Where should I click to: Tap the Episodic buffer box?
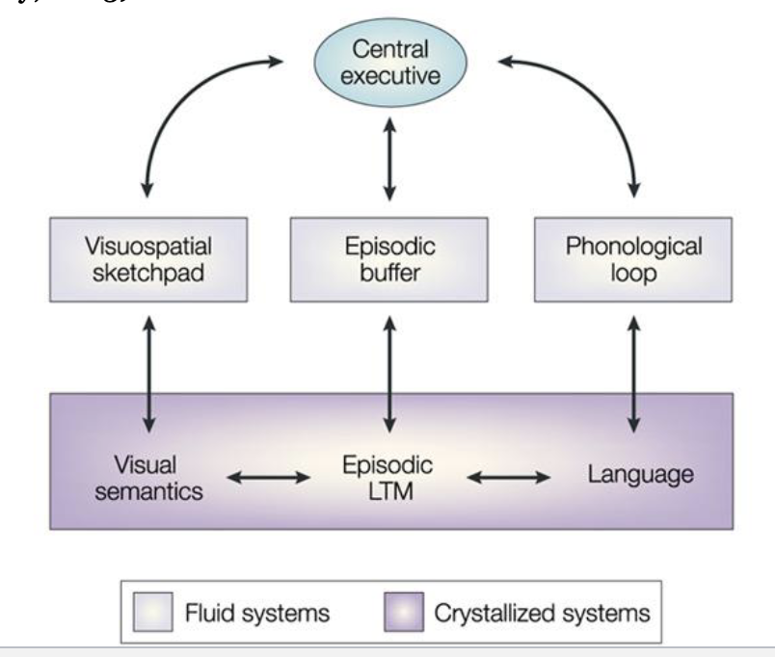[x=389, y=258]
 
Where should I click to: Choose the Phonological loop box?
[x=634, y=258]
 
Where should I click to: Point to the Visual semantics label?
[x=147, y=478]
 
